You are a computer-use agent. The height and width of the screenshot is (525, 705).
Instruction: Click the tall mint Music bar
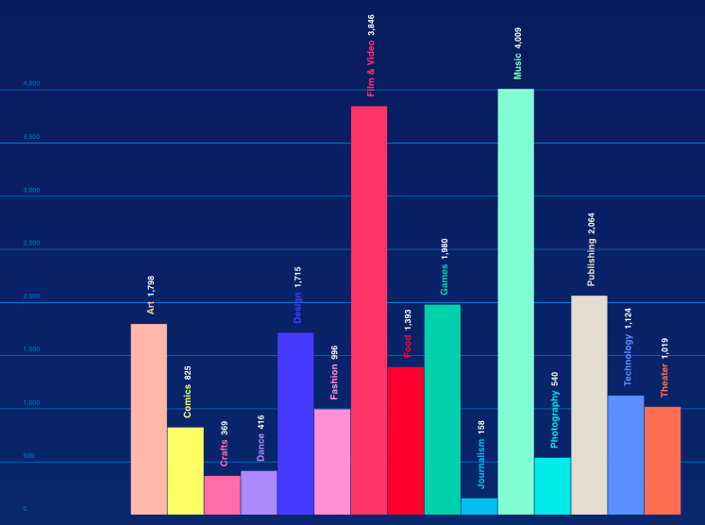coord(516,302)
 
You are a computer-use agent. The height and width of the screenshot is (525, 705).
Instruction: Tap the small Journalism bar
coord(479,507)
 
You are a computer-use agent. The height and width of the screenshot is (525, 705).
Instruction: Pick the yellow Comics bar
coord(186,471)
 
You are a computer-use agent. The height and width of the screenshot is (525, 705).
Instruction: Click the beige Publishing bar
coord(589,405)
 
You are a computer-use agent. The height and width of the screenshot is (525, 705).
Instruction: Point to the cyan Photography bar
coord(552,486)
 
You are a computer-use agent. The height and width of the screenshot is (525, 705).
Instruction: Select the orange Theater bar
coord(663,461)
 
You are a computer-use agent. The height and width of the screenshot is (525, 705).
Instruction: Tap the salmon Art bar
coord(149,419)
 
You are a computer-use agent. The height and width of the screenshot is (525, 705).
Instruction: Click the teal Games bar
coord(443,410)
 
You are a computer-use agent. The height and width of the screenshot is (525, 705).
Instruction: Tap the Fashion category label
coord(334,382)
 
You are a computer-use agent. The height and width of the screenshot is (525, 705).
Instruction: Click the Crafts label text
coord(224,453)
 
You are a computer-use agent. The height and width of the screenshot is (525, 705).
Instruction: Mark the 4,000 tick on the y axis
coord(32,84)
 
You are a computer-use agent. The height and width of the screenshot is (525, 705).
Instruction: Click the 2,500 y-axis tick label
coord(32,244)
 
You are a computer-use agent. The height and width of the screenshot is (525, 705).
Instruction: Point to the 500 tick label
coord(29,456)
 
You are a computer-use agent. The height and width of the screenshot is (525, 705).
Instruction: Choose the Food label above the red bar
coord(408,346)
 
